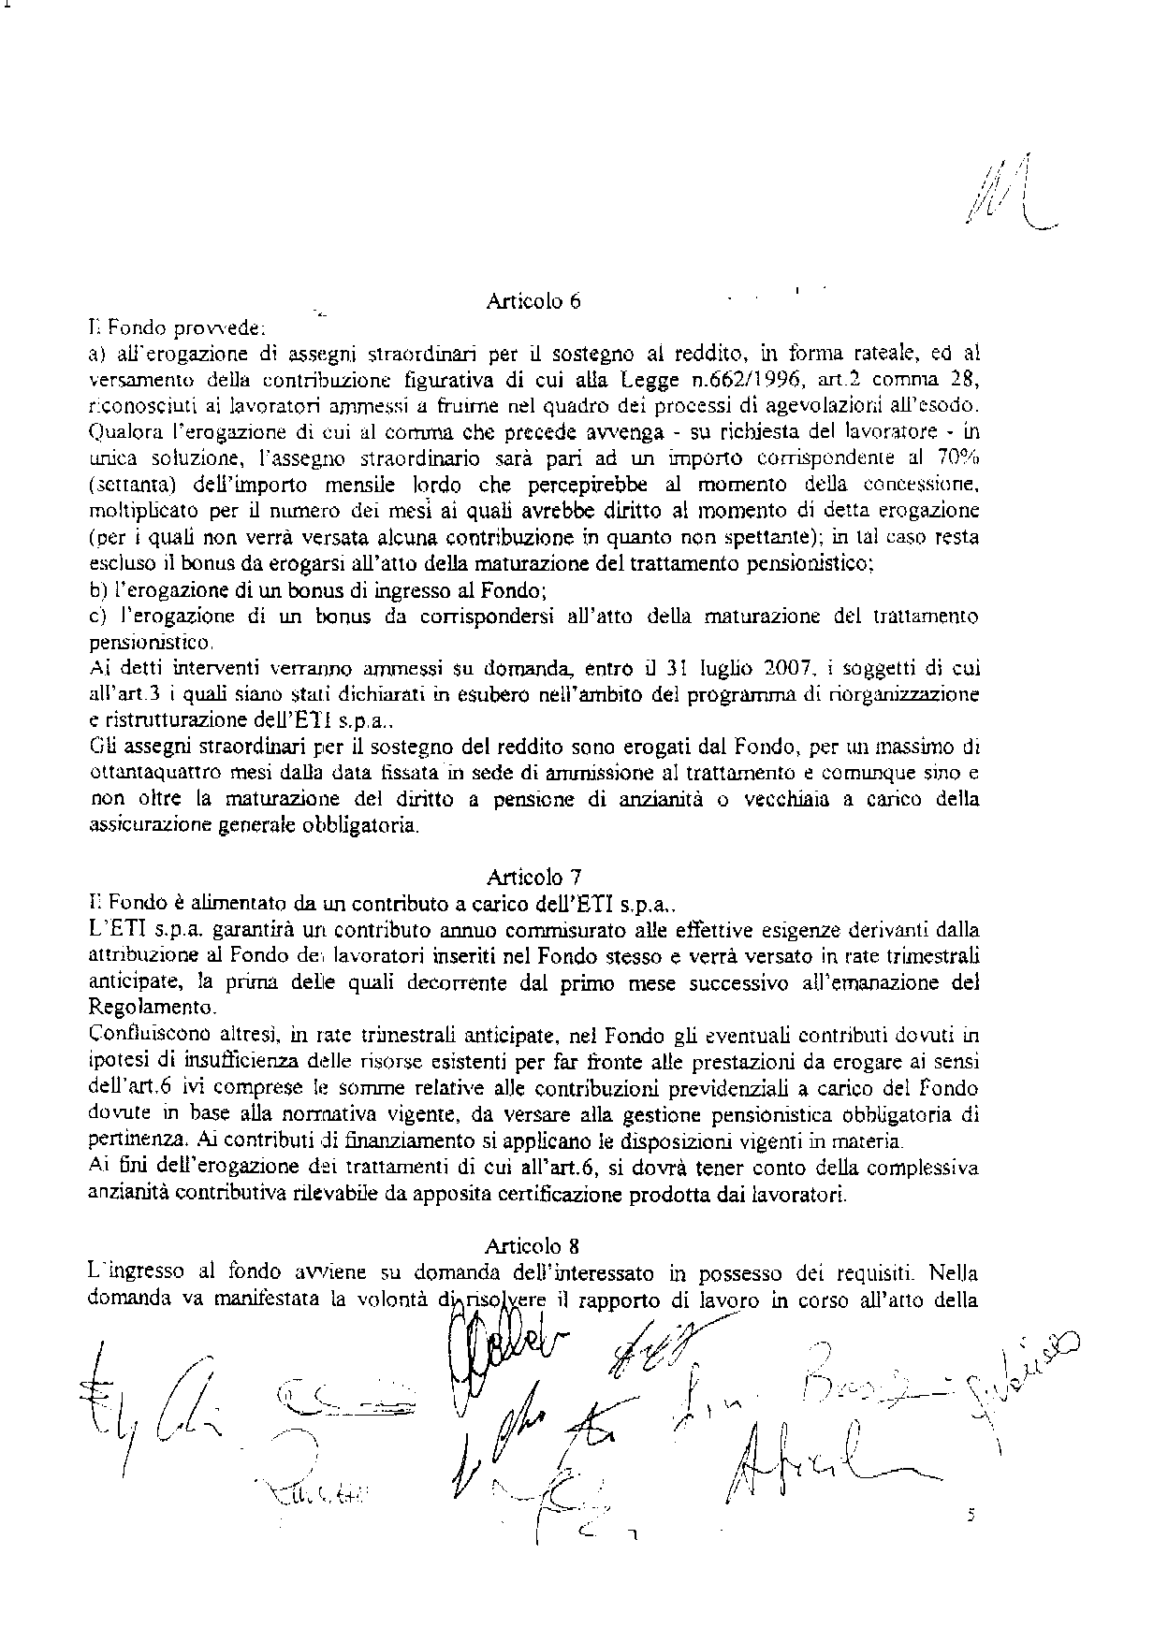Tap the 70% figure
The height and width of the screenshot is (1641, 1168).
tap(956, 458)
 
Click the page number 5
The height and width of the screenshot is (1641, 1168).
tap(971, 1515)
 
